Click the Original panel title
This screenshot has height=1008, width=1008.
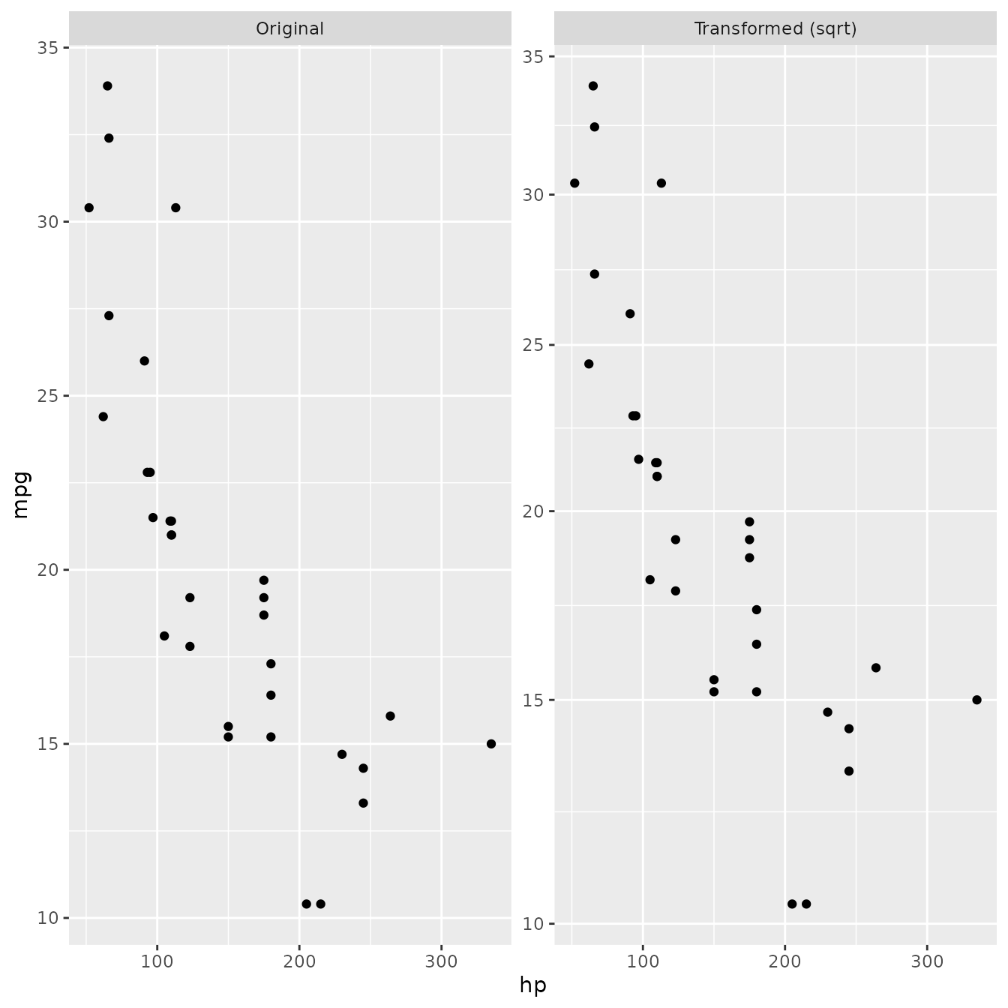coord(289,28)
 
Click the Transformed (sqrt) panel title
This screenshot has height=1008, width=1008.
coord(775,28)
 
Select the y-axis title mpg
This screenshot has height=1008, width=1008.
coord(21,494)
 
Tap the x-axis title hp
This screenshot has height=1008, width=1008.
coord(532,985)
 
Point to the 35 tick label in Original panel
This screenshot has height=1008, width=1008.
coord(48,48)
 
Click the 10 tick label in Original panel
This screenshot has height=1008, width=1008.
coord(48,918)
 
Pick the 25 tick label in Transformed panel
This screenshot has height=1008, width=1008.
coord(534,345)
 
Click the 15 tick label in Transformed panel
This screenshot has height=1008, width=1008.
coord(534,700)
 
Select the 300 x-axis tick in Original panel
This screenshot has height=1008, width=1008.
coord(441,962)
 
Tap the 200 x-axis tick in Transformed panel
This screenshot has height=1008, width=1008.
coord(784,962)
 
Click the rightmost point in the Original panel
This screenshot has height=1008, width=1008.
coord(491,744)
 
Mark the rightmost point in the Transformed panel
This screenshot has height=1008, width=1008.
coord(976,700)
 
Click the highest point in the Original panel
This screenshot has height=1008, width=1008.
coord(107,86)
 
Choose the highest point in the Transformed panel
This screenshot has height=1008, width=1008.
coord(593,86)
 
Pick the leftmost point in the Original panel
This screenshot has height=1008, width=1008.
coord(89,208)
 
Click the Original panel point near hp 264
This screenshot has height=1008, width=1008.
coord(390,716)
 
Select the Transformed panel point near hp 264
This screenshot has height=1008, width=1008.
coord(876,667)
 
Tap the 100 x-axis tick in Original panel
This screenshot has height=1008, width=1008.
coord(157,962)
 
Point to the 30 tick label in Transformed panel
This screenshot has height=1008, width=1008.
coord(534,195)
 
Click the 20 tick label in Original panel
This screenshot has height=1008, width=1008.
coord(48,570)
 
